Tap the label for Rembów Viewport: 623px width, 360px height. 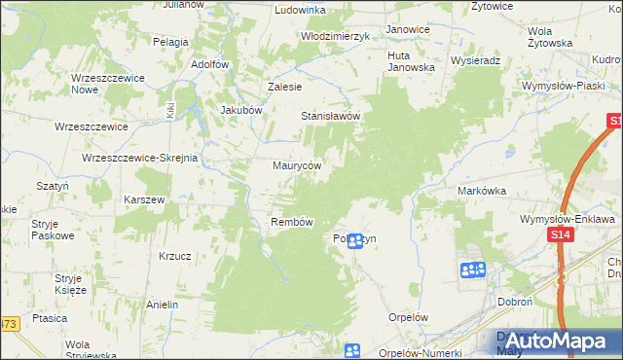click(x=291, y=223)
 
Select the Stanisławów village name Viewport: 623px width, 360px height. click(x=330, y=116)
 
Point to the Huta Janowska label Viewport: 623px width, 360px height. click(x=411, y=61)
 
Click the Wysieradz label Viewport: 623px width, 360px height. click(x=476, y=59)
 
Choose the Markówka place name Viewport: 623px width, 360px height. click(x=482, y=192)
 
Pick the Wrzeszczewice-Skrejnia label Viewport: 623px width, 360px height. click(x=140, y=158)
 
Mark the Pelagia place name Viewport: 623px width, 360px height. click(x=170, y=43)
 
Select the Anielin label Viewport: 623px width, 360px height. click(x=162, y=305)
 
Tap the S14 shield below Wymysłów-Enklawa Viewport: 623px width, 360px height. click(x=559, y=235)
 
